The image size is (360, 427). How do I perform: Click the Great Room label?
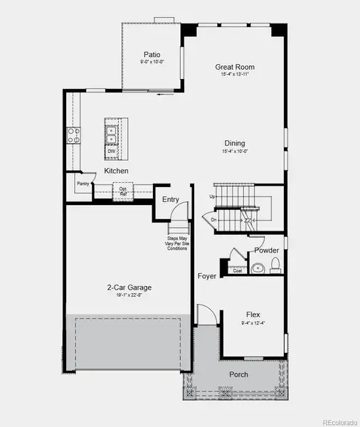235,68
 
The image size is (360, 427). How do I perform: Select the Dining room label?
235,143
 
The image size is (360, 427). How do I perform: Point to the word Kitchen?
116,172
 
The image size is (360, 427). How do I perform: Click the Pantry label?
82,184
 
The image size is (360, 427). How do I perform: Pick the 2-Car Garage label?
129,288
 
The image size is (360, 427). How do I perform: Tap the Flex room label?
253,314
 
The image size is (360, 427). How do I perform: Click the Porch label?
238,374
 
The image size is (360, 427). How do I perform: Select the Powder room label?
267,251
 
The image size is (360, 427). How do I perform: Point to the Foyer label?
207,275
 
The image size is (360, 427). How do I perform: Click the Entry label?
171,200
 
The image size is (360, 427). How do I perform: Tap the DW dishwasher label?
112,151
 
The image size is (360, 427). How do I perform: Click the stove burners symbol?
73,135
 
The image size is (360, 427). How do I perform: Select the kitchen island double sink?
112,131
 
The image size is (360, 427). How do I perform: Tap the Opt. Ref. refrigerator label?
123,191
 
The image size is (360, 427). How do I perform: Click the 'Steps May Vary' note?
177,243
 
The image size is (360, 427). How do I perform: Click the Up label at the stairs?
212,196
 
